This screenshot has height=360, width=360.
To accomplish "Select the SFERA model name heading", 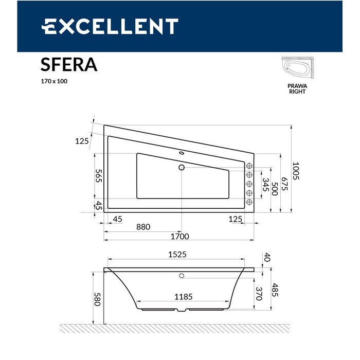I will tap(68, 65).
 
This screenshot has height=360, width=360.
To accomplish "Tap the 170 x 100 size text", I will tap(54, 81).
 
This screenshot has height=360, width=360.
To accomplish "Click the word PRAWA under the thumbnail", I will tap(297, 86).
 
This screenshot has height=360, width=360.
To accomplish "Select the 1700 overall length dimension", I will tap(180, 237).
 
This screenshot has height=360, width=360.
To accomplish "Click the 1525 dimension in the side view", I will tap(177, 254).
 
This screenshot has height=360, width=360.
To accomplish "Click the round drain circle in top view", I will tap(181, 167).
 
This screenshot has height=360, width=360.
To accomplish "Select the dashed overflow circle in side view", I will tap(182, 276).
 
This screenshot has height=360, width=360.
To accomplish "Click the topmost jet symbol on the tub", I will tap(249, 166).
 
